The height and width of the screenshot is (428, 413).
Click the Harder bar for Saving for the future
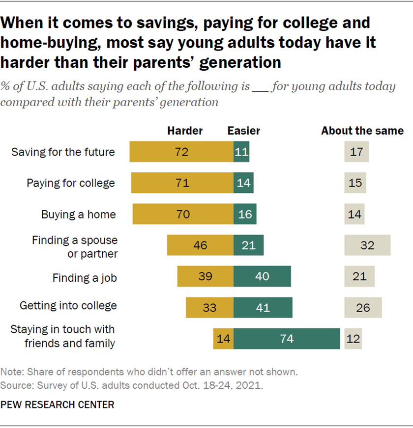coord(181,152)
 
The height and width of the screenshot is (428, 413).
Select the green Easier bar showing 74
coord(287,339)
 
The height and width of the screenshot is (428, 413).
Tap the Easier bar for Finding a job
coord(262,276)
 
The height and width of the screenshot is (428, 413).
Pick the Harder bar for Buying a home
coord(183,214)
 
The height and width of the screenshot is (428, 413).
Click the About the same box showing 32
coord(367,245)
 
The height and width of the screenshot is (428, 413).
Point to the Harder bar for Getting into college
coord(209,308)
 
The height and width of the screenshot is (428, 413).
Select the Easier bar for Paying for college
coord(243,183)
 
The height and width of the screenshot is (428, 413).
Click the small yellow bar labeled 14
coord(223,339)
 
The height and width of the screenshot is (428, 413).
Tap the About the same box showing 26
coord(363,308)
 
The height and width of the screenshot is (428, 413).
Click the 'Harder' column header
coord(185,131)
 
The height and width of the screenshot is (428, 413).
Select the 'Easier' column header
coord(243,131)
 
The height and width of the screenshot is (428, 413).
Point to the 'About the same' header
coord(362,131)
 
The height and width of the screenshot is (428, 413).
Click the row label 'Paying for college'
coord(71,183)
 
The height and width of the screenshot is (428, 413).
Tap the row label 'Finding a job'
coord(85,278)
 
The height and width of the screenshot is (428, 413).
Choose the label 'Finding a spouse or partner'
coord(75,247)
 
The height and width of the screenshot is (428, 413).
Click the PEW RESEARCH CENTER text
coord(58,404)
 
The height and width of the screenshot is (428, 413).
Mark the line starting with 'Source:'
coord(132,385)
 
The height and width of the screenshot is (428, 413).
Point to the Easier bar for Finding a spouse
coord(248,245)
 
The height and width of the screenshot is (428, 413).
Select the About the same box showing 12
coord(353,339)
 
